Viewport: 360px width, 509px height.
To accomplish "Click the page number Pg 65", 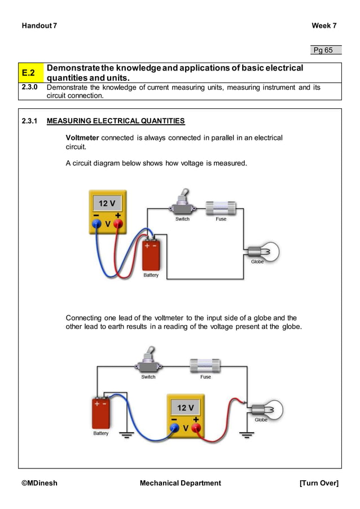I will coord(323,50).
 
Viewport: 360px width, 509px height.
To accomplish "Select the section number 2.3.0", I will coord(30,87).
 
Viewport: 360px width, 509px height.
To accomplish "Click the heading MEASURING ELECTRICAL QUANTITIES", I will coord(115,121).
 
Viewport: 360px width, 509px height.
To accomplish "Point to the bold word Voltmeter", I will coord(82,138).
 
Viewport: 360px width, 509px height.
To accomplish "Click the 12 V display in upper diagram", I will coord(107,203).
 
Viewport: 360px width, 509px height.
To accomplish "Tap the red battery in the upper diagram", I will coord(151,254).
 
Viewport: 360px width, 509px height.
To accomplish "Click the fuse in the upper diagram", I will coord(221,207).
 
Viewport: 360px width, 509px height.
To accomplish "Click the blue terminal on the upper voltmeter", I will coord(96,223).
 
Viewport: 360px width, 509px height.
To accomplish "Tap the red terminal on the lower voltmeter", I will coord(196,428).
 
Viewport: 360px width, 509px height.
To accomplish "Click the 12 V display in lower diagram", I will coord(186,407).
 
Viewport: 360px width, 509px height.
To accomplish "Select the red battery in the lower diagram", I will coord(102,413).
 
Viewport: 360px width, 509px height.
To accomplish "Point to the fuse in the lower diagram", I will coord(205,365).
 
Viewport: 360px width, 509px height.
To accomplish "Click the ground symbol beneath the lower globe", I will coord(247,434).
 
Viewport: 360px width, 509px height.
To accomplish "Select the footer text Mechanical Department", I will coord(180,483).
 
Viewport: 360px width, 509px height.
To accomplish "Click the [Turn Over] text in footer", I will coord(319,483).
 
